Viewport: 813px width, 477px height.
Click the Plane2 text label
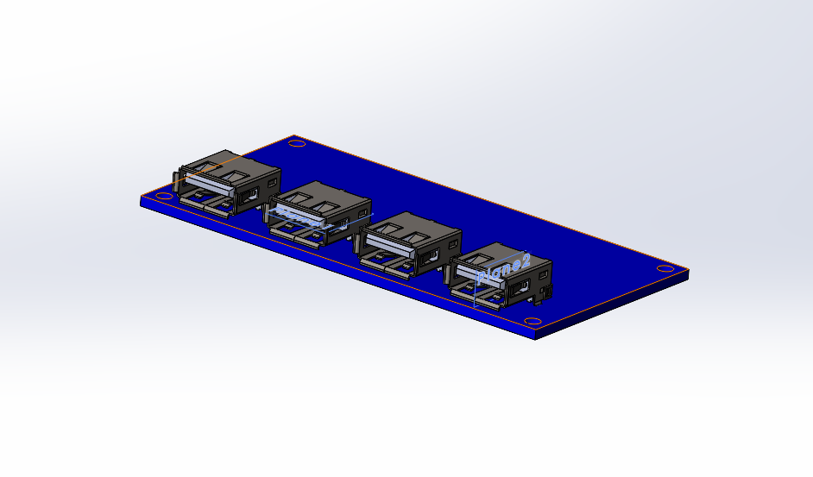click(x=503, y=268)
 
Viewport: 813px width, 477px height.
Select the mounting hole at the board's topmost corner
click(x=296, y=142)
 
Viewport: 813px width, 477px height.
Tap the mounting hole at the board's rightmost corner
click(x=665, y=269)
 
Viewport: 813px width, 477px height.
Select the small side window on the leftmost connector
click(x=274, y=183)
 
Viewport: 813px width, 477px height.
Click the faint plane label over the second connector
click(x=302, y=218)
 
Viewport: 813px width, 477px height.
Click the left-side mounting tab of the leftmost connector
click(x=177, y=183)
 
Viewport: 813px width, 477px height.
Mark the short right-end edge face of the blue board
click(x=689, y=277)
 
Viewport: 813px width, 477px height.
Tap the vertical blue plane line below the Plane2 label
click(x=476, y=289)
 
